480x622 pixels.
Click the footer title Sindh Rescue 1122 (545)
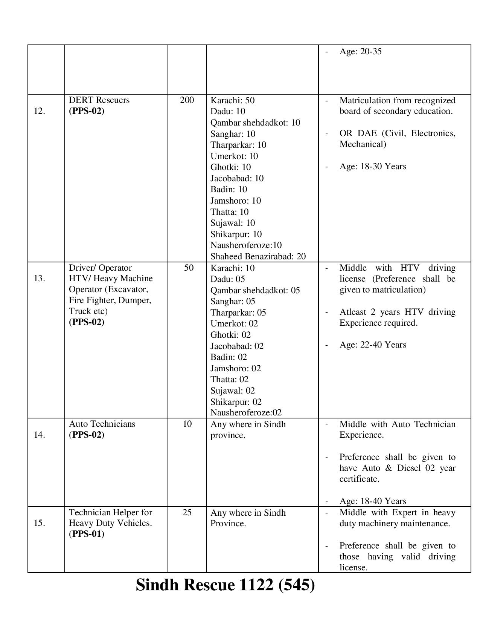pos(225,585)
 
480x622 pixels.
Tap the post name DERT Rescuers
pos(99,100)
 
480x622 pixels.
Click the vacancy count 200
pos(187,100)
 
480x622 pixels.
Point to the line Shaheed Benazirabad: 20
pos(258,256)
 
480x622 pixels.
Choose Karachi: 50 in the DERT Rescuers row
pos(232,100)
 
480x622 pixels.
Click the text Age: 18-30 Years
pos(372,166)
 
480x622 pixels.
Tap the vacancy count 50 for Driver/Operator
pos(189,268)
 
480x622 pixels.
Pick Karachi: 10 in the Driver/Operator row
pos(232,268)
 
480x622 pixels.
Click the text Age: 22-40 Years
pos(372,345)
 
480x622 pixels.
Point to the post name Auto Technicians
pos(102,424)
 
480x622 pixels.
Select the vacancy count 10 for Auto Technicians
pos(187,424)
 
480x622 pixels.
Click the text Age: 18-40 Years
pos(372,501)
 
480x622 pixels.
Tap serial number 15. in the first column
pos(40,523)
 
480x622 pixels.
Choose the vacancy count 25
pos(187,512)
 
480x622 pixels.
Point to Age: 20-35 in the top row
pos(360,51)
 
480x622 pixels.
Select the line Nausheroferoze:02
pos(246,412)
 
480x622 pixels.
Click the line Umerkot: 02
pos(234,323)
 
